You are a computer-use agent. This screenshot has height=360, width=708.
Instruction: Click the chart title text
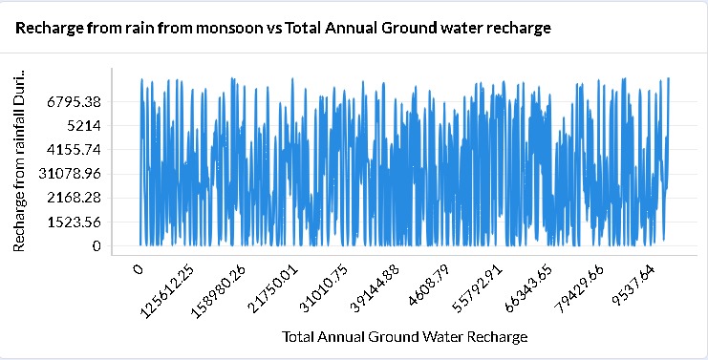click(284, 29)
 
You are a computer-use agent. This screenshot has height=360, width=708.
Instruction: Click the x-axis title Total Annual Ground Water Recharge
click(405, 337)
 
